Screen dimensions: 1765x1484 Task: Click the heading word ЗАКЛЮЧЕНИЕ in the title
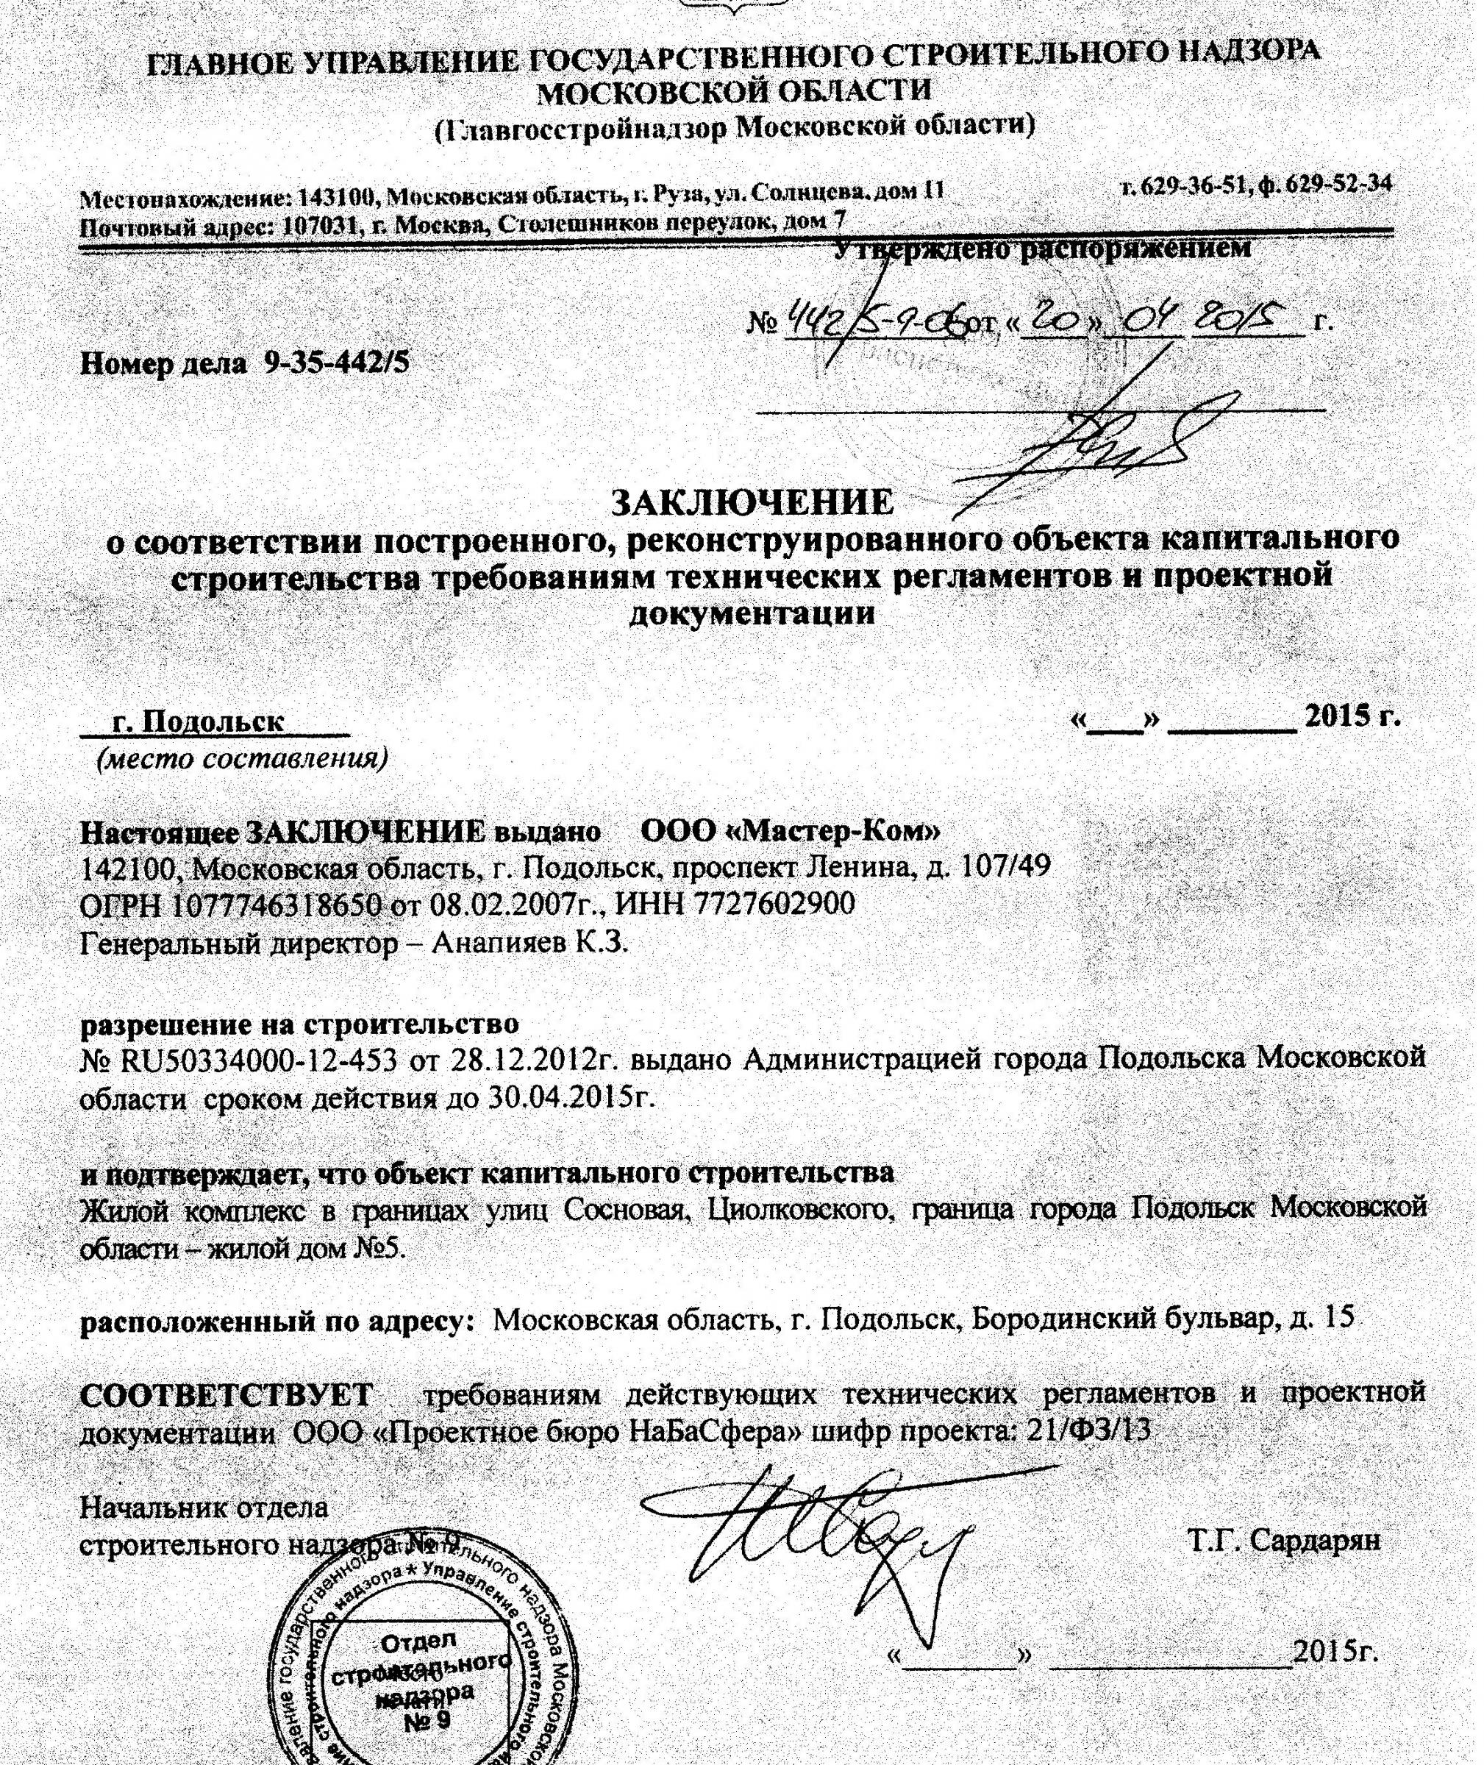pos(752,504)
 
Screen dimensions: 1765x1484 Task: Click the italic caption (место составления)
pos(243,759)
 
